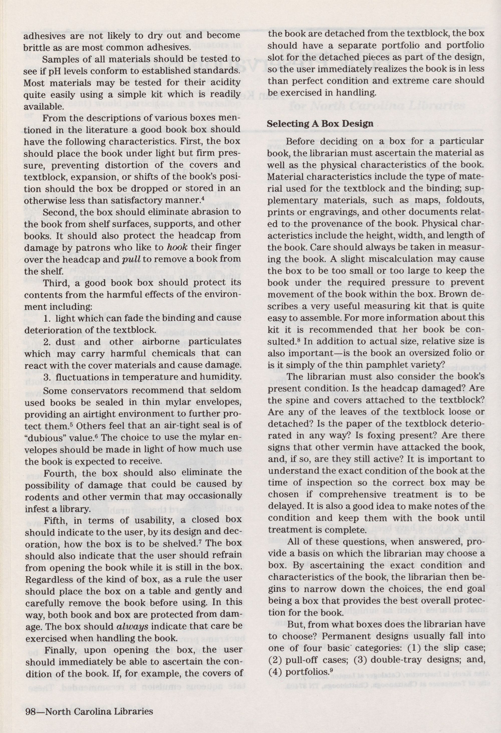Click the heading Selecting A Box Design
coord(320,123)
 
